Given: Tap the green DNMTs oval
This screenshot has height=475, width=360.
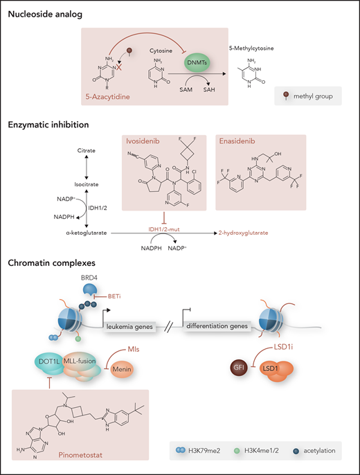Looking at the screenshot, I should tap(177, 62).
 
